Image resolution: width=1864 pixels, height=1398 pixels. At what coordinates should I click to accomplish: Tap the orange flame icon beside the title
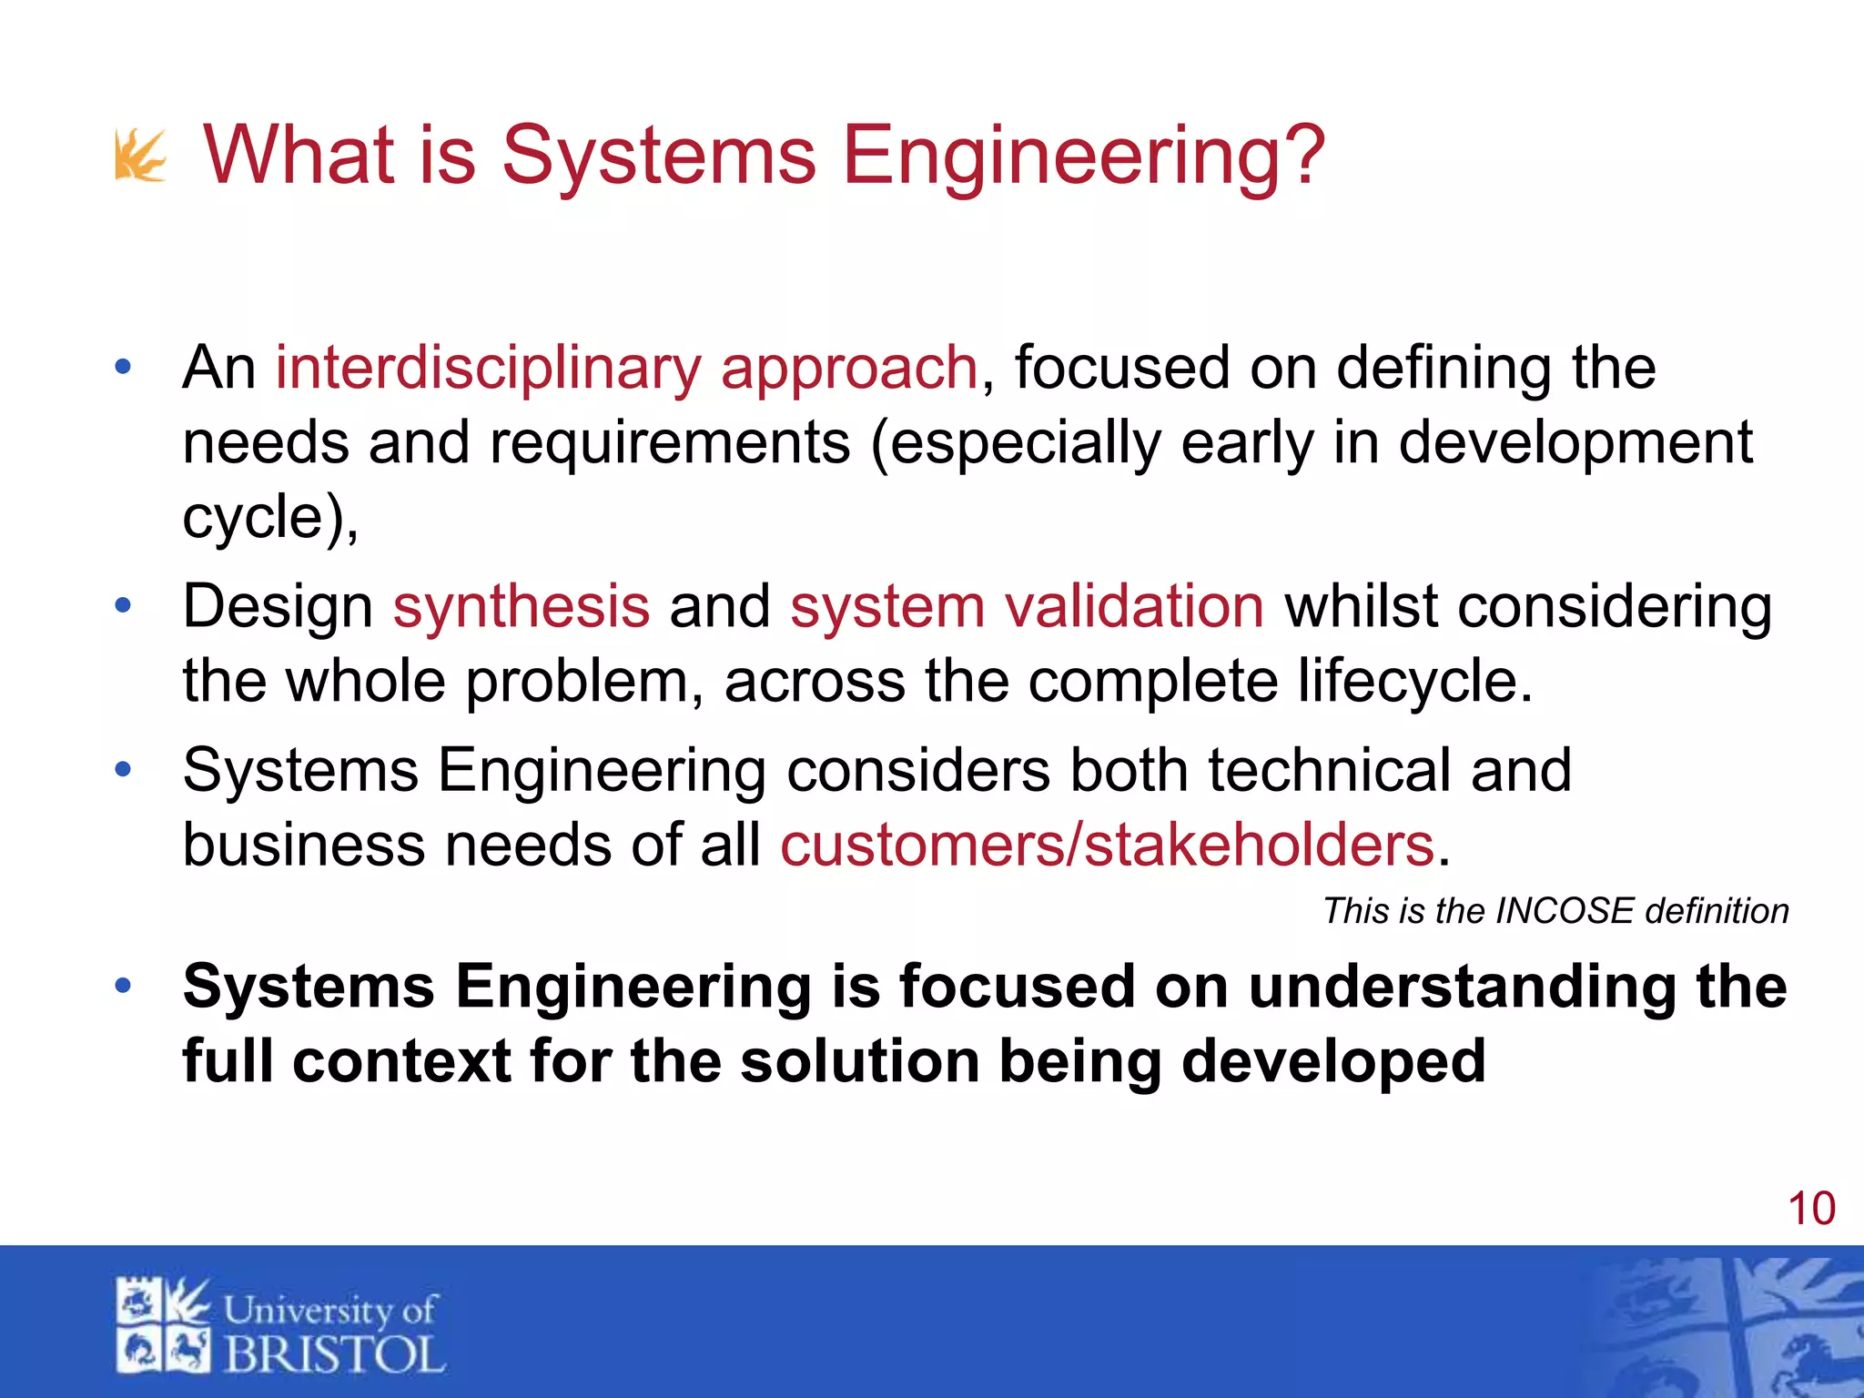(140, 156)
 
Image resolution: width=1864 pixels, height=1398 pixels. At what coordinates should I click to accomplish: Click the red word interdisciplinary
(489, 369)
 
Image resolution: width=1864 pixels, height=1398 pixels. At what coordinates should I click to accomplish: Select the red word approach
(849, 369)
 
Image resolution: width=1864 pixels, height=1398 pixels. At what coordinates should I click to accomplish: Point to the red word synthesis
(522, 607)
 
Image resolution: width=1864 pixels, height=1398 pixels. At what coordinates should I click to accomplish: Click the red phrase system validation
(1027, 607)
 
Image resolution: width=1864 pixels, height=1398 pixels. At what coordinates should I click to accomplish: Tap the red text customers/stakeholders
(1107, 846)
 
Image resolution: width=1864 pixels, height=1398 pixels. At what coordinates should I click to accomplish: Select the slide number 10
(1811, 1209)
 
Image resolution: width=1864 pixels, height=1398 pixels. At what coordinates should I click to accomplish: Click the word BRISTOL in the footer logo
(334, 1354)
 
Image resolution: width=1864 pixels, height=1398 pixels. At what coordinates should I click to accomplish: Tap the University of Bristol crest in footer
(163, 1325)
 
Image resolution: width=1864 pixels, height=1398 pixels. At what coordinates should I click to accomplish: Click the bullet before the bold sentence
(124, 986)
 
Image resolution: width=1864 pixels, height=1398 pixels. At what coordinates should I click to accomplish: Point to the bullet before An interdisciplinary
(124, 368)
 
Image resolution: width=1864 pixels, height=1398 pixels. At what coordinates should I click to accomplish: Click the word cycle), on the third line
(270, 518)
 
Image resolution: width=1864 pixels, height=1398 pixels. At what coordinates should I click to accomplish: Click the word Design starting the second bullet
(278, 607)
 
